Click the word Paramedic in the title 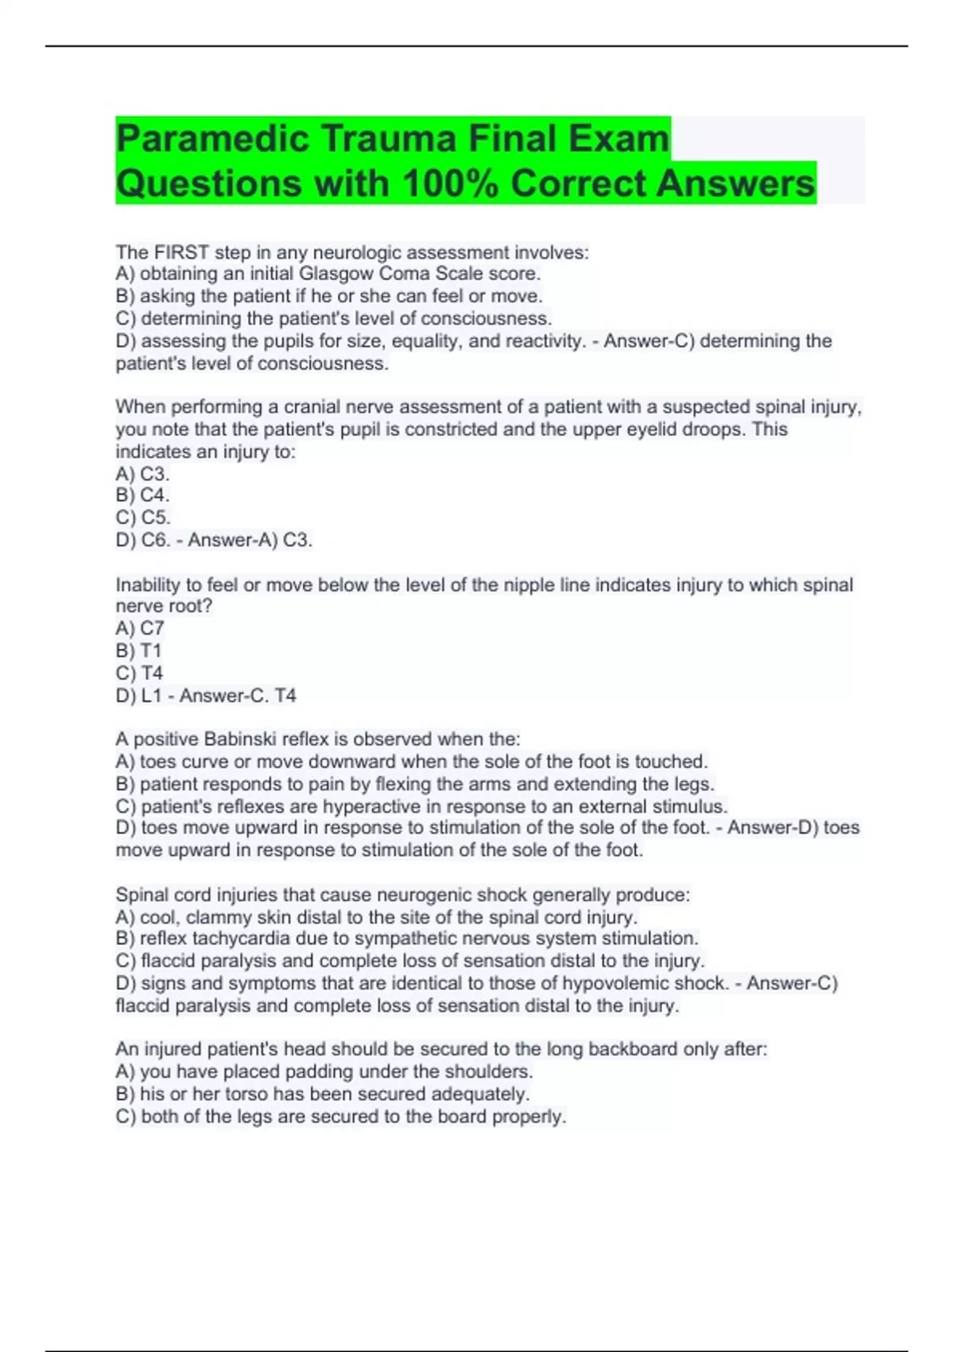tap(212, 139)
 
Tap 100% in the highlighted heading tap(451, 184)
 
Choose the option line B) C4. tap(142, 495)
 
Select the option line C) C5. tap(143, 518)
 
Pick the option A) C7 tap(140, 628)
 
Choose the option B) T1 tap(139, 651)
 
